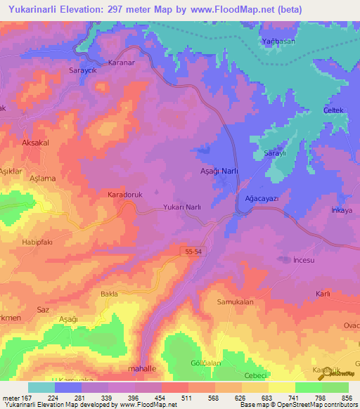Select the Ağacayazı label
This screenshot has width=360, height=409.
pos(262,199)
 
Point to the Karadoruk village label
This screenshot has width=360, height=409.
pos(126,194)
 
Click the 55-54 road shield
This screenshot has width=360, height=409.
pos(194,250)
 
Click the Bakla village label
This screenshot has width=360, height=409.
pos(109,294)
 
